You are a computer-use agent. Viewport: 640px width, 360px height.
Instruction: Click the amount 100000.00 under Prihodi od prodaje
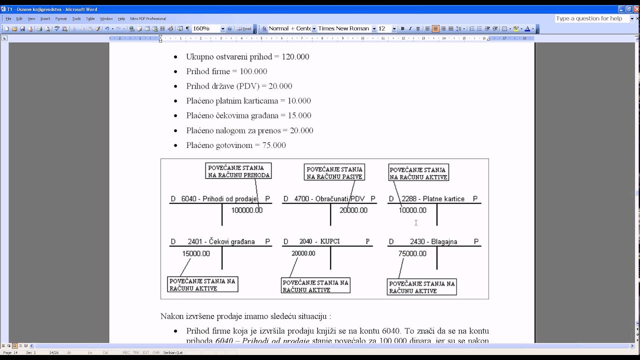click(246, 210)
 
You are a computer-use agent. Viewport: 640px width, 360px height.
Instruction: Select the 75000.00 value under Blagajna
click(412, 253)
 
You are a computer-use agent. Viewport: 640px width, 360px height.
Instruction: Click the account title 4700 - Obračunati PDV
click(329, 199)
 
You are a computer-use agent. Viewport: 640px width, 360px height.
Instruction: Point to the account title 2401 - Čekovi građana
click(221, 242)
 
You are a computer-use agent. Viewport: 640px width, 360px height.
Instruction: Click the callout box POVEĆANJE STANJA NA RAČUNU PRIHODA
click(238, 171)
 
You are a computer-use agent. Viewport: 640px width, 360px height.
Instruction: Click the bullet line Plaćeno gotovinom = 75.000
click(236, 145)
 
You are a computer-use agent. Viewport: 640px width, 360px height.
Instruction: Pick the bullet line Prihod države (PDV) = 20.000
click(239, 86)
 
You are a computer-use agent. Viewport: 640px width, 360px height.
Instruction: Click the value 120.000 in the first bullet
click(295, 57)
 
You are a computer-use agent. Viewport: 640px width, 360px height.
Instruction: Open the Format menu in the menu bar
click(61, 18)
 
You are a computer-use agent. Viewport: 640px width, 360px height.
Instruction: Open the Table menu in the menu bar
click(90, 18)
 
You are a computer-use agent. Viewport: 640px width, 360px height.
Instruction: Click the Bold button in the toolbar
click(402, 29)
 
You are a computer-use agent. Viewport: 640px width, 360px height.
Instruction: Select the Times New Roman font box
click(343, 28)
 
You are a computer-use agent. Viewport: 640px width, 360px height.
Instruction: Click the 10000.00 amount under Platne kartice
click(412, 210)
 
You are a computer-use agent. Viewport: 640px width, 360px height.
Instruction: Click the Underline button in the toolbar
click(417, 29)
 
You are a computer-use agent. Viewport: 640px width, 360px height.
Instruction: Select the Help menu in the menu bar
click(121, 18)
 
